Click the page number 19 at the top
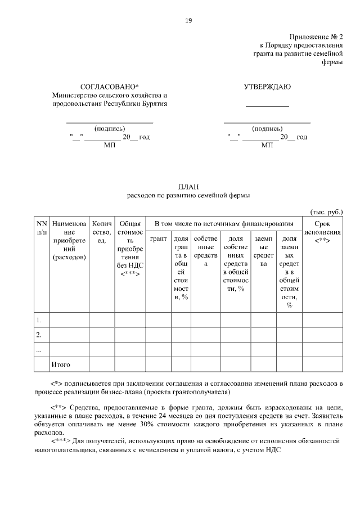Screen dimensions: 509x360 click(x=188, y=21)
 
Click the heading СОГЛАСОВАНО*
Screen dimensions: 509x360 click(x=110, y=87)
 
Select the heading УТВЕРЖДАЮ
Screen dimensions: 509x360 click(x=267, y=87)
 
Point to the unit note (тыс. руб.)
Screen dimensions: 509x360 click(x=326, y=211)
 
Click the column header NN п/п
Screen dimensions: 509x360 click(x=41, y=228)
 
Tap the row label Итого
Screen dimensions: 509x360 click(x=61, y=364)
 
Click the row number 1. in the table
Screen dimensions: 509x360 click(x=39, y=320)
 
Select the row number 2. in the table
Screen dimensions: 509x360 click(x=39, y=335)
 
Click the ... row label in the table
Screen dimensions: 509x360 click(x=39, y=349)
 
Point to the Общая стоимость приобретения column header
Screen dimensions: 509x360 click(x=130, y=248)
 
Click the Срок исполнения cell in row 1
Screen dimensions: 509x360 click(x=322, y=320)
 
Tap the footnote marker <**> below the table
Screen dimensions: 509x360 click(x=60, y=406)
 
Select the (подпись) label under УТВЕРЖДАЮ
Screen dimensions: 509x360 click(x=267, y=128)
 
